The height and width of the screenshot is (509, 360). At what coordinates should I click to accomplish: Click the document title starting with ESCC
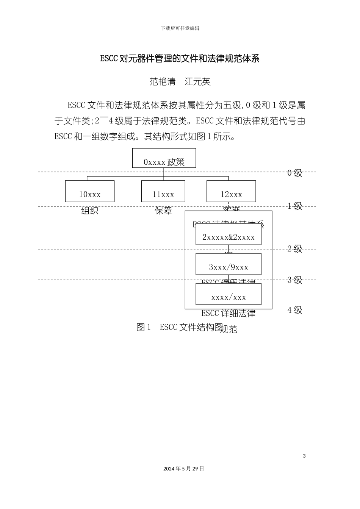coord(180,59)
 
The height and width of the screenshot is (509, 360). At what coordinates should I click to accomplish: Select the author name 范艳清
coord(163,81)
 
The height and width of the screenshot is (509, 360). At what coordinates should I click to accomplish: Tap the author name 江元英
coord(197,81)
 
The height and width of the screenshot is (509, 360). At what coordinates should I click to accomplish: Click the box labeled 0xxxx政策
coord(164,158)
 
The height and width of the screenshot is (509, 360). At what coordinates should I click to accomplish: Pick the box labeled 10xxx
coord(90,191)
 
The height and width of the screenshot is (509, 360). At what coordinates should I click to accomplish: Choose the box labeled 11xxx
coord(163,191)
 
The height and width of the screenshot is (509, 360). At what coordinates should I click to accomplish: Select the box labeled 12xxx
coord(231,191)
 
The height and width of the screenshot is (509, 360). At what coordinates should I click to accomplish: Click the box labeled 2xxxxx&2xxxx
coord(229,234)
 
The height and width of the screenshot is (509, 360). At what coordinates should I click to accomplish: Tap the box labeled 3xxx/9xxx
coord(229,264)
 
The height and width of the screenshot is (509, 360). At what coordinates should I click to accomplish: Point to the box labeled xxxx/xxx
coord(229,294)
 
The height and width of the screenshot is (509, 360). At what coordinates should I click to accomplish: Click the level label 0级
coord(295,173)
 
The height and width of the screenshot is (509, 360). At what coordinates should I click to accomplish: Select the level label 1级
coord(295,206)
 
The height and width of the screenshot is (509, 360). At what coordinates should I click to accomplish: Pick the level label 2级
coord(295,249)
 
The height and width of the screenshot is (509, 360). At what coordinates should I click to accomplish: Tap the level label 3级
coord(295,280)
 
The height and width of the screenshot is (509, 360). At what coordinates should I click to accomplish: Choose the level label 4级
coord(295,310)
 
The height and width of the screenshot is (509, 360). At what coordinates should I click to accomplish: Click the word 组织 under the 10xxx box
coord(90,211)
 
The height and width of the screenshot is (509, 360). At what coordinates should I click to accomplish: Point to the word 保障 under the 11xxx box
coord(163,211)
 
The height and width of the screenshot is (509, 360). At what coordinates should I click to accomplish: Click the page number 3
coord(304,456)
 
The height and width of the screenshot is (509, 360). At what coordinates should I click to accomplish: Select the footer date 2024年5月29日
coord(184,468)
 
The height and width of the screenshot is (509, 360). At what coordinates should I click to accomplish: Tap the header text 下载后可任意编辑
coord(180,28)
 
